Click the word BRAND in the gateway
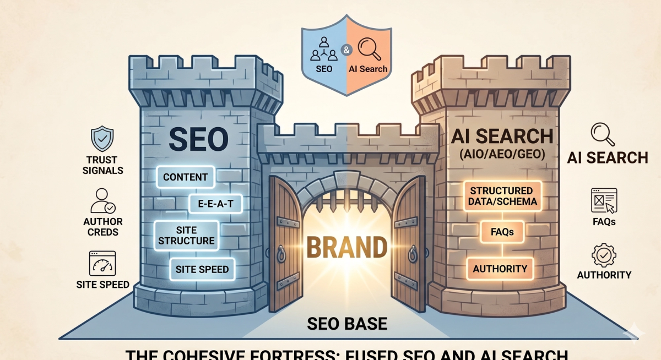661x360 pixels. [346, 248]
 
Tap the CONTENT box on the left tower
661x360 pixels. [186, 177]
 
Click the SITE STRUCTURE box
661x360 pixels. [187, 235]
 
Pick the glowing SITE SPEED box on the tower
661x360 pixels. [202, 270]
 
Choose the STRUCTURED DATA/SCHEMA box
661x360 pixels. [502, 196]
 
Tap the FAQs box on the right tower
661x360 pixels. [502, 232]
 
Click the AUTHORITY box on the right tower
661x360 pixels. [500, 269]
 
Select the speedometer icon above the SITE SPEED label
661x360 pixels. [103, 264]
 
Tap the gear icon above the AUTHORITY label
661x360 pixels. [603, 255]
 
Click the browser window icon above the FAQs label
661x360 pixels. [603, 200]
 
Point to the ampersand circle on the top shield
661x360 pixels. [346, 50]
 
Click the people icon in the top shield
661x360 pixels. [324, 48]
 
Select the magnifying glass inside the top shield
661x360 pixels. [369, 48]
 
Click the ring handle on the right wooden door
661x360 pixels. [412, 254]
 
